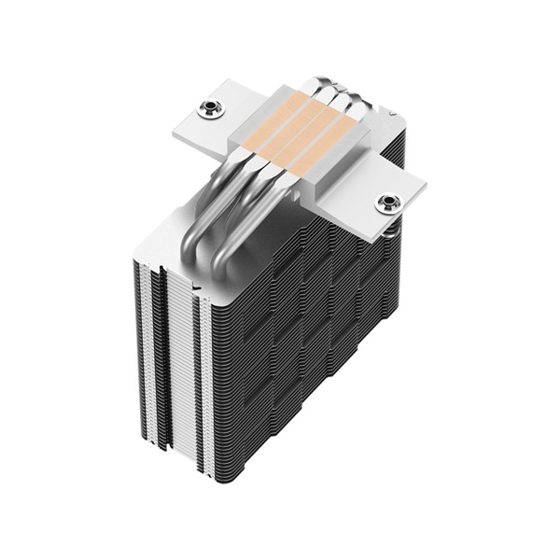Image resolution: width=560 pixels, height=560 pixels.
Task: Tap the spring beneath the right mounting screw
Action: click(392, 224)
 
